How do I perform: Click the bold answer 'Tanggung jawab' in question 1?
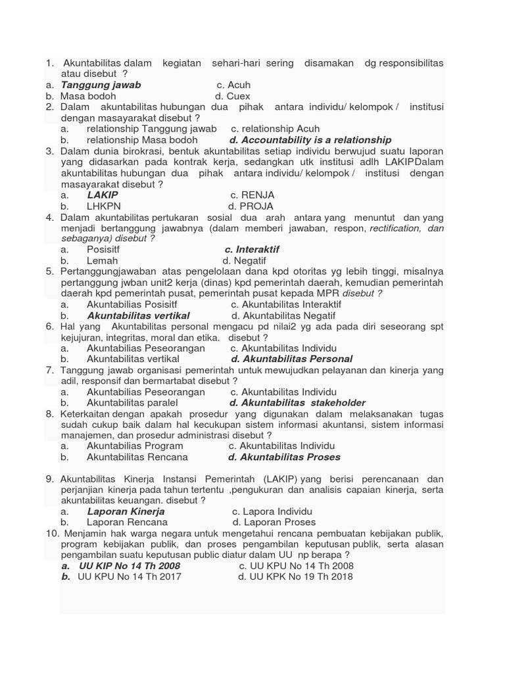tap(101, 85)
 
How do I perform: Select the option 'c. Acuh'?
tap(233, 85)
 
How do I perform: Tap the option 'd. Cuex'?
tap(233, 96)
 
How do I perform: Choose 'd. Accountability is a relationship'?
tap(310, 140)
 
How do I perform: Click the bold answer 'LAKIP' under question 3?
tap(103, 195)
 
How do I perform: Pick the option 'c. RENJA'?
tap(252, 195)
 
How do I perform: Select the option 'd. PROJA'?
tap(252, 206)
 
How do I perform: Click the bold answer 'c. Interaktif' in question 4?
tap(252, 250)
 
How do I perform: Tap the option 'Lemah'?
tap(102, 260)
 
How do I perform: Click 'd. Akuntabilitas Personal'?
tap(292, 359)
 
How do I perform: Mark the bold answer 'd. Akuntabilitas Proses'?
tap(284, 457)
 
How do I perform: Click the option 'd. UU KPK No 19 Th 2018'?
tap(295, 576)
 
